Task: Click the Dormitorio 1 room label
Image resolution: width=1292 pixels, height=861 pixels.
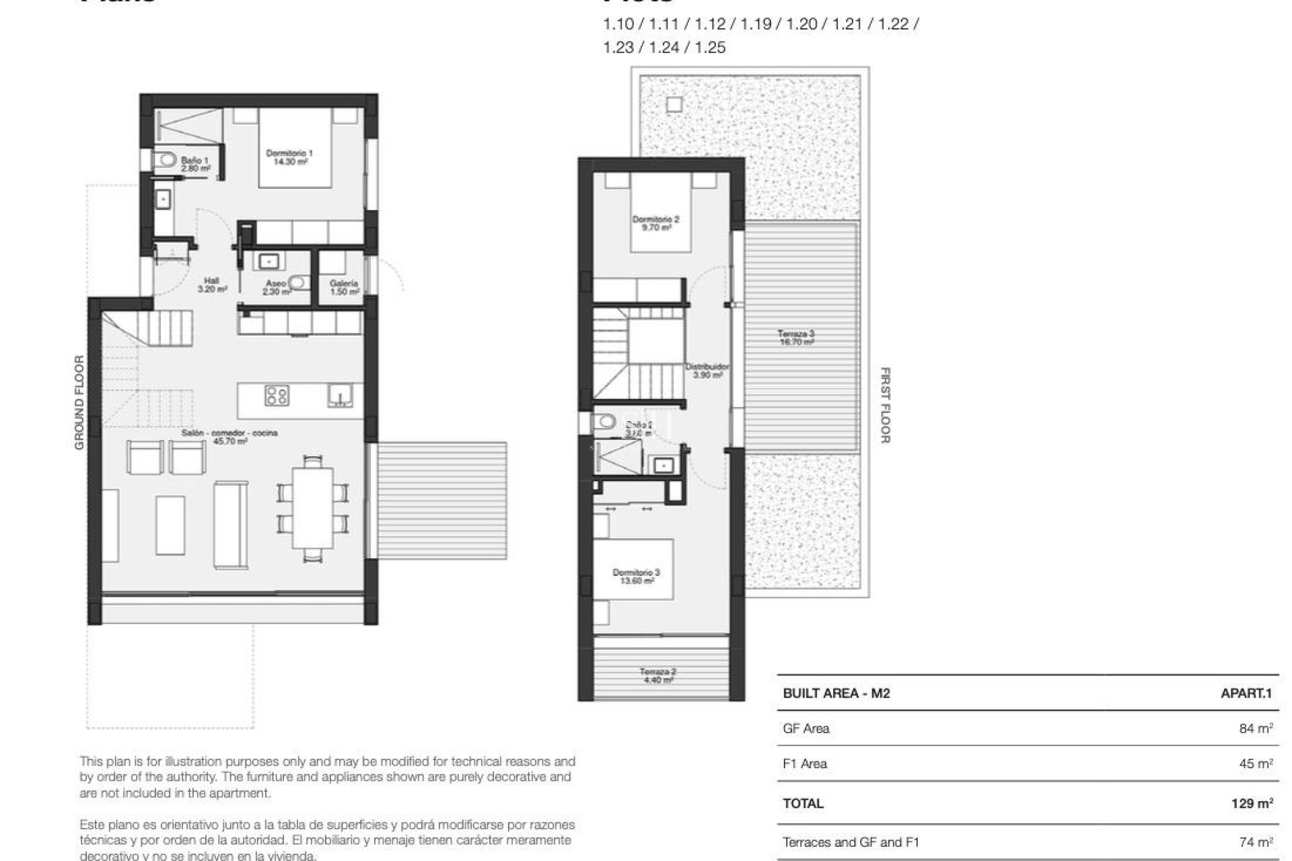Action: pos(289,157)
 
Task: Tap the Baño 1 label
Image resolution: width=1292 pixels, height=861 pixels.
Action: pos(194,164)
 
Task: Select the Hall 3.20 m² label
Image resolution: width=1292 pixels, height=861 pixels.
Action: pos(212,285)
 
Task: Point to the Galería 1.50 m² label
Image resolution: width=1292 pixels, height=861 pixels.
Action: pos(344,287)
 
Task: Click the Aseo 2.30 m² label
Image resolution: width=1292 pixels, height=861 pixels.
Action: pos(276,287)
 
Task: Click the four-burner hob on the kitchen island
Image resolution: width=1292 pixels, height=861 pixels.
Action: pos(277,395)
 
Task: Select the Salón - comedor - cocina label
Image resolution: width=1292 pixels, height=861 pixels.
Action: pos(229,437)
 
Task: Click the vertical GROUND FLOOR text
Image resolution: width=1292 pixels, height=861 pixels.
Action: pos(79,402)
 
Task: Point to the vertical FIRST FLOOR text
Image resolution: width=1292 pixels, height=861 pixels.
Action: pos(885,405)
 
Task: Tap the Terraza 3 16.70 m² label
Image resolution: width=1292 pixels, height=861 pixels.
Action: pos(796,338)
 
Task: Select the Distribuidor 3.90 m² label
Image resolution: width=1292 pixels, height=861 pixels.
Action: pos(707,371)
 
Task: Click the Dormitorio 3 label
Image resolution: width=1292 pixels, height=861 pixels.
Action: pos(636,576)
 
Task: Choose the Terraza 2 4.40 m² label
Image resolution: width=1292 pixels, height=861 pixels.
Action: pos(657,675)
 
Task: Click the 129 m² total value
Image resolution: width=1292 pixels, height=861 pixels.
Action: pos(1252,803)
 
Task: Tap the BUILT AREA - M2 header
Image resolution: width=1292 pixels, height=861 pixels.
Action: pos(836,694)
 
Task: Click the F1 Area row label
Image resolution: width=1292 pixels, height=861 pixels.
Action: pos(805,764)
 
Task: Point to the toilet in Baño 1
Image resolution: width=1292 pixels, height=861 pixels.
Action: pos(164,159)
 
